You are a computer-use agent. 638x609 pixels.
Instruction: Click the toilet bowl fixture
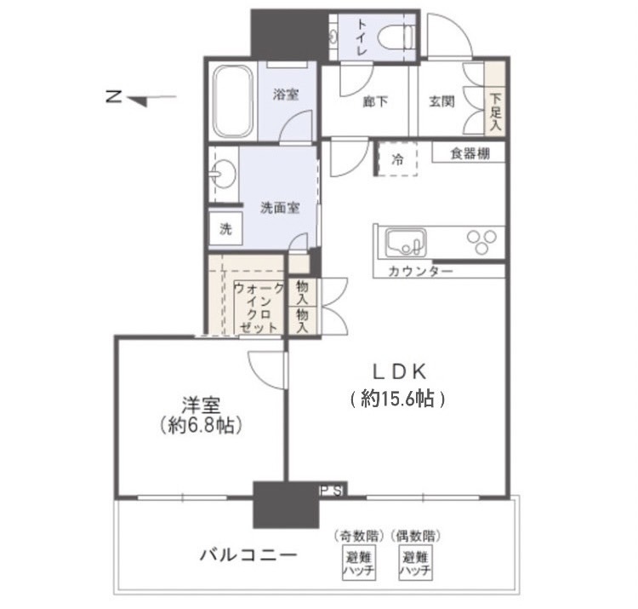[x=394, y=37]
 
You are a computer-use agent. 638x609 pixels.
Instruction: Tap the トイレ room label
[x=361, y=37]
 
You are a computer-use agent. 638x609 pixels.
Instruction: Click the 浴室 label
[x=285, y=95]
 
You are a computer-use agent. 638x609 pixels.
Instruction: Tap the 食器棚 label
[x=468, y=154]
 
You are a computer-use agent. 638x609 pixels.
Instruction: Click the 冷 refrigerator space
[x=397, y=159]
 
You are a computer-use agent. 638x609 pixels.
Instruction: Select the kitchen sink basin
[x=406, y=243]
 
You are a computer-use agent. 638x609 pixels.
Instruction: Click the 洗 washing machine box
[x=225, y=228]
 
